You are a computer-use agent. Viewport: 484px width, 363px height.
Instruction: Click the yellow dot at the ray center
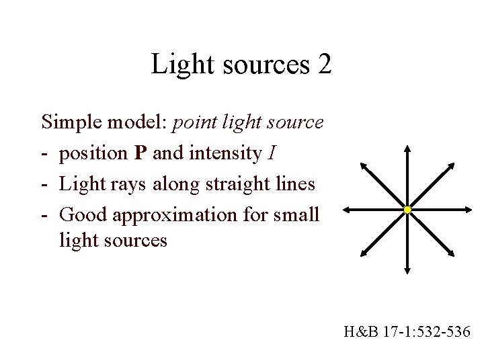pyautogui.click(x=407, y=211)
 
